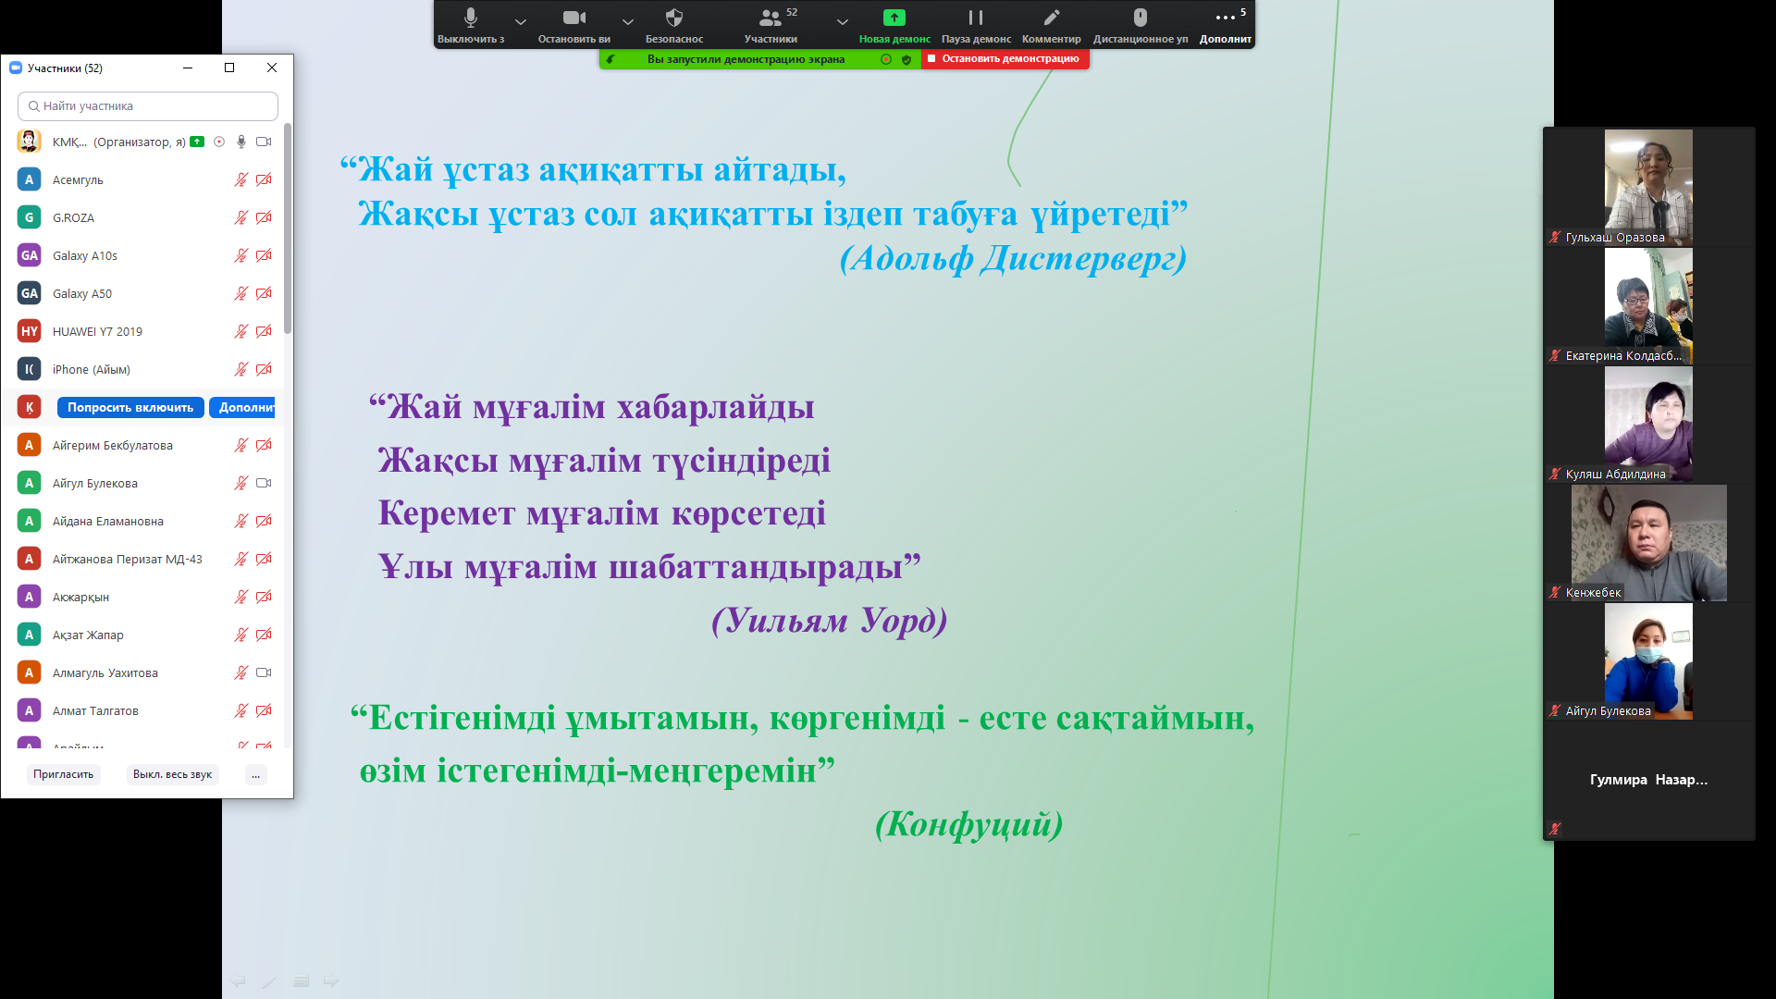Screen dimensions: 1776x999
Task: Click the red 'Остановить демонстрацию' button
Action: pos(1005,58)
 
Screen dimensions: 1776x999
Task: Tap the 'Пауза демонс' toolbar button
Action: pos(976,26)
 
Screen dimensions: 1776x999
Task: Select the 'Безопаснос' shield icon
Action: pos(674,18)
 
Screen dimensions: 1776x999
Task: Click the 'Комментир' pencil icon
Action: pos(1052,18)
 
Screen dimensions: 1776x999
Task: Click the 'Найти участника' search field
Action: pos(148,106)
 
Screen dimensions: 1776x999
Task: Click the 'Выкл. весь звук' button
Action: pos(172,774)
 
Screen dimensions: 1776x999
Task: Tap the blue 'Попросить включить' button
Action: pos(130,407)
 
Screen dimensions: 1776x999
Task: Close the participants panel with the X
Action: pos(272,68)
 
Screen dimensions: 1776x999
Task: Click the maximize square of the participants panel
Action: pos(229,68)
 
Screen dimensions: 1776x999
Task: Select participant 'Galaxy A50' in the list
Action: pos(82,293)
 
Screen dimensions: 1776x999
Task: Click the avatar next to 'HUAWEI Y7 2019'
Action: pos(30,331)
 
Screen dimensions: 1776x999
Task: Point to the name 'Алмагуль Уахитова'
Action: pos(105,672)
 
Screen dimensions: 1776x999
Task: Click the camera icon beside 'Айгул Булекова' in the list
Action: pos(264,483)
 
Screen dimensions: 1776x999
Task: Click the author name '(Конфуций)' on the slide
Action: pos(968,823)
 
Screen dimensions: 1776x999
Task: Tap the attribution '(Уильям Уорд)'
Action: pos(829,620)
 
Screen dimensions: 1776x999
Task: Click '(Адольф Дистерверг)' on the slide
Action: pos(1013,258)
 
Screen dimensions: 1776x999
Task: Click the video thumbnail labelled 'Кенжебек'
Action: pos(1649,543)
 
